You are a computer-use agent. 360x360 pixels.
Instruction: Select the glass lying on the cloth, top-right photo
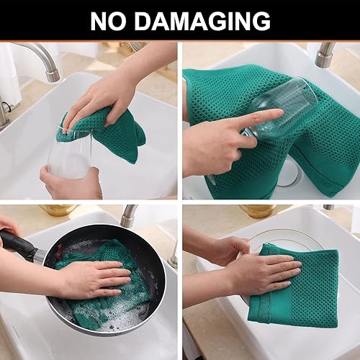pyautogui.click(x=284, y=108)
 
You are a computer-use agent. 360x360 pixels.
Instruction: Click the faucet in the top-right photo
pyautogui.click(x=325, y=55)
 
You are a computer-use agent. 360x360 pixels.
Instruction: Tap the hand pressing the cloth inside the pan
pyautogui.click(x=94, y=277)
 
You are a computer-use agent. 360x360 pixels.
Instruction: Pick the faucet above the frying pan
pyautogui.click(x=129, y=216)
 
